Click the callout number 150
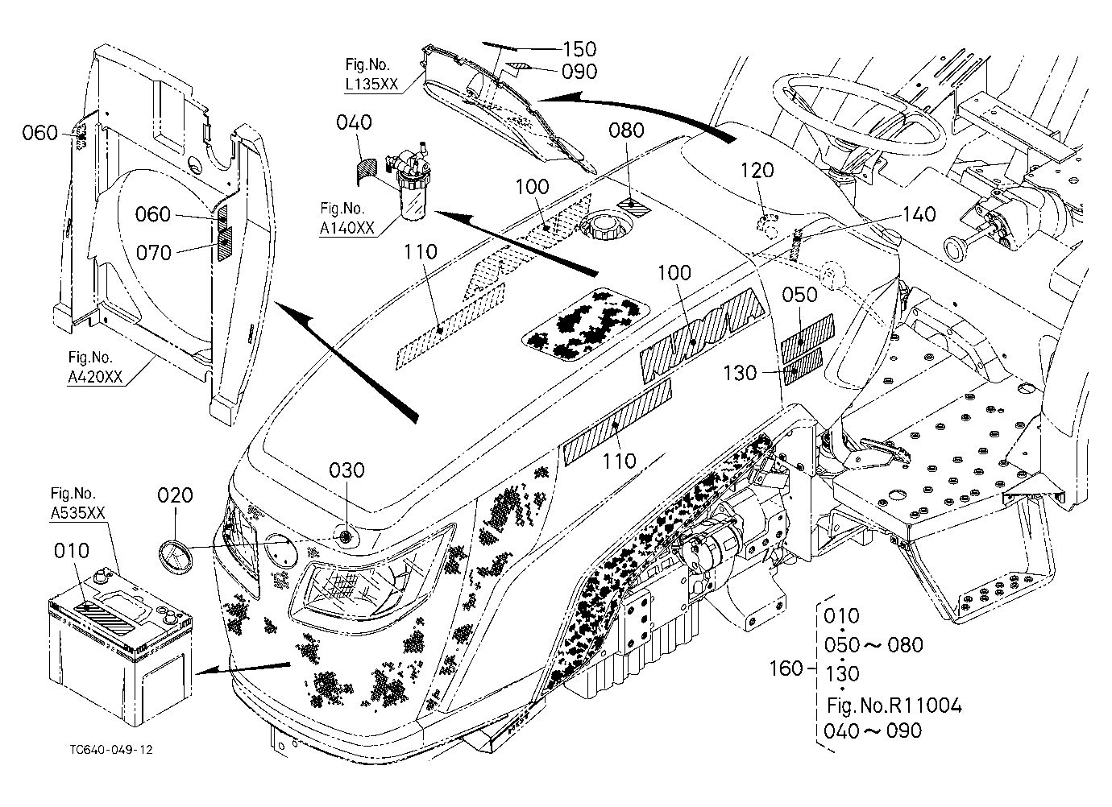click(x=579, y=49)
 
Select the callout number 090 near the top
click(x=579, y=72)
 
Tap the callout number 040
click(x=354, y=122)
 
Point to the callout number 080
click(x=626, y=130)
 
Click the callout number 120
click(x=757, y=171)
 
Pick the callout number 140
click(x=919, y=214)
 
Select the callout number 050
click(x=799, y=295)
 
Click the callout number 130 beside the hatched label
click(x=740, y=373)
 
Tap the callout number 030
click(x=347, y=470)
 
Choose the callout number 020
click(x=175, y=495)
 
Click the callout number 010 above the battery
click(x=72, y=551)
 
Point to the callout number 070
click(x=153, y=253)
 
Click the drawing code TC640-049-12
click(x=111, y=750)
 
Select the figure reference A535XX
click(x=78, y=513)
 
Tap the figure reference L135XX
click(x=371, y=84)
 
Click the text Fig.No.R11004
click(x=894, y=706)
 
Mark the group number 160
click(x=786, y=668)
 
